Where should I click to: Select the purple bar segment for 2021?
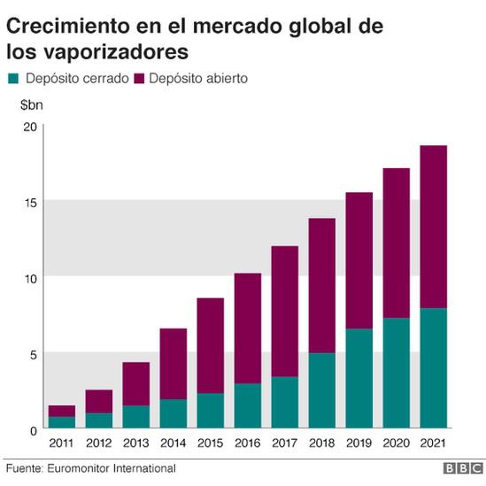tap(434, 227)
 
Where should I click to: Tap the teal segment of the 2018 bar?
tap(322, 390)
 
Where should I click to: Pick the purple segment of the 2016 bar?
tap(248, 328)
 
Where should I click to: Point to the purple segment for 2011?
tap(61, 411)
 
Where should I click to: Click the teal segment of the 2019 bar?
tap(359, 378)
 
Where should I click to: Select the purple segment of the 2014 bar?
tap(173, 364)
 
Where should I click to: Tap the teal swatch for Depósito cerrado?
tap(13, 79)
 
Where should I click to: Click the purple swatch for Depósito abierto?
tap(139, 79)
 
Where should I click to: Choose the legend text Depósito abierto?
tap(198, 79)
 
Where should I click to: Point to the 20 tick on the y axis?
tap(30, 126)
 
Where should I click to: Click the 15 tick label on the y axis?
tap(30, 202)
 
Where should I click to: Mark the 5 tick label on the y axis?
tap(33, 353)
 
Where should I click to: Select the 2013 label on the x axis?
tap(135, 443)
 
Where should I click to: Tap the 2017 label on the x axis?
tap(284, 443)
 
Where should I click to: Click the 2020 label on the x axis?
tap(396, 443)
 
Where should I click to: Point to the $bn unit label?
tap(32, 105)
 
